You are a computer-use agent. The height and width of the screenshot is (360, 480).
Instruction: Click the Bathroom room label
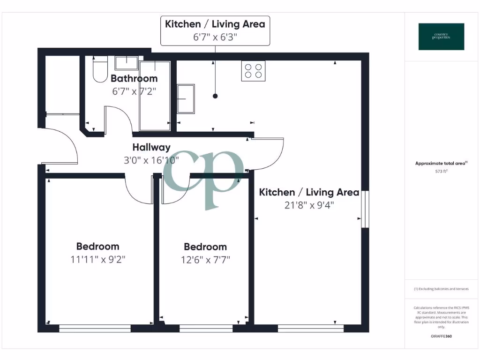(134, 78)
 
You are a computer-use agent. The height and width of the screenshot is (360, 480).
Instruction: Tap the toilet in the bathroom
(100, 70)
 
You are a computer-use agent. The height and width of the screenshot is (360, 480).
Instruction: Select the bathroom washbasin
(126, 63)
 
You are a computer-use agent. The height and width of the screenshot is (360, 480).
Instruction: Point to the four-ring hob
(253, 71)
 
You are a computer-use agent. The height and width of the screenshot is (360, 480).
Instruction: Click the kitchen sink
(186, 98)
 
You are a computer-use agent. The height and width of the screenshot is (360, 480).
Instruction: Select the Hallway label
(151, 147)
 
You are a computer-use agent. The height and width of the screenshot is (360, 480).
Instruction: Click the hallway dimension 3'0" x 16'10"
(151, 160)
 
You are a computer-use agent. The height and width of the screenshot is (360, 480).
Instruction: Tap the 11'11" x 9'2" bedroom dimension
(98, 259)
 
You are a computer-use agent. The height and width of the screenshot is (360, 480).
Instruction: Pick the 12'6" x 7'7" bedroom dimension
(205, 259)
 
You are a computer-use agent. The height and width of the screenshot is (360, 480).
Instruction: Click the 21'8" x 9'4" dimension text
(309, 205)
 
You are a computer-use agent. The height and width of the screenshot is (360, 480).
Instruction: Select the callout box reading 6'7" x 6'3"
(215, 31)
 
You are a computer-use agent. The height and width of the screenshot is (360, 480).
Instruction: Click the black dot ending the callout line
(215, 96)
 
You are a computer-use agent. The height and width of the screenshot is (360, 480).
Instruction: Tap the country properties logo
(441, 37)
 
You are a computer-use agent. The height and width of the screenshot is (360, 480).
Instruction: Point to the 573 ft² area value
(441, 172)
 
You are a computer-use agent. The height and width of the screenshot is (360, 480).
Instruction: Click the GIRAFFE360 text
(441, 336)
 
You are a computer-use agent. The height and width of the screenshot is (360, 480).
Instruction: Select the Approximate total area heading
(441, 163)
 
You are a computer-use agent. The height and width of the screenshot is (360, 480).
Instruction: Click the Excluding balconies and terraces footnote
(441, 289)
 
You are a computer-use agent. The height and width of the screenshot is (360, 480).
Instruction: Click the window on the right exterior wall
(365, 209)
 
